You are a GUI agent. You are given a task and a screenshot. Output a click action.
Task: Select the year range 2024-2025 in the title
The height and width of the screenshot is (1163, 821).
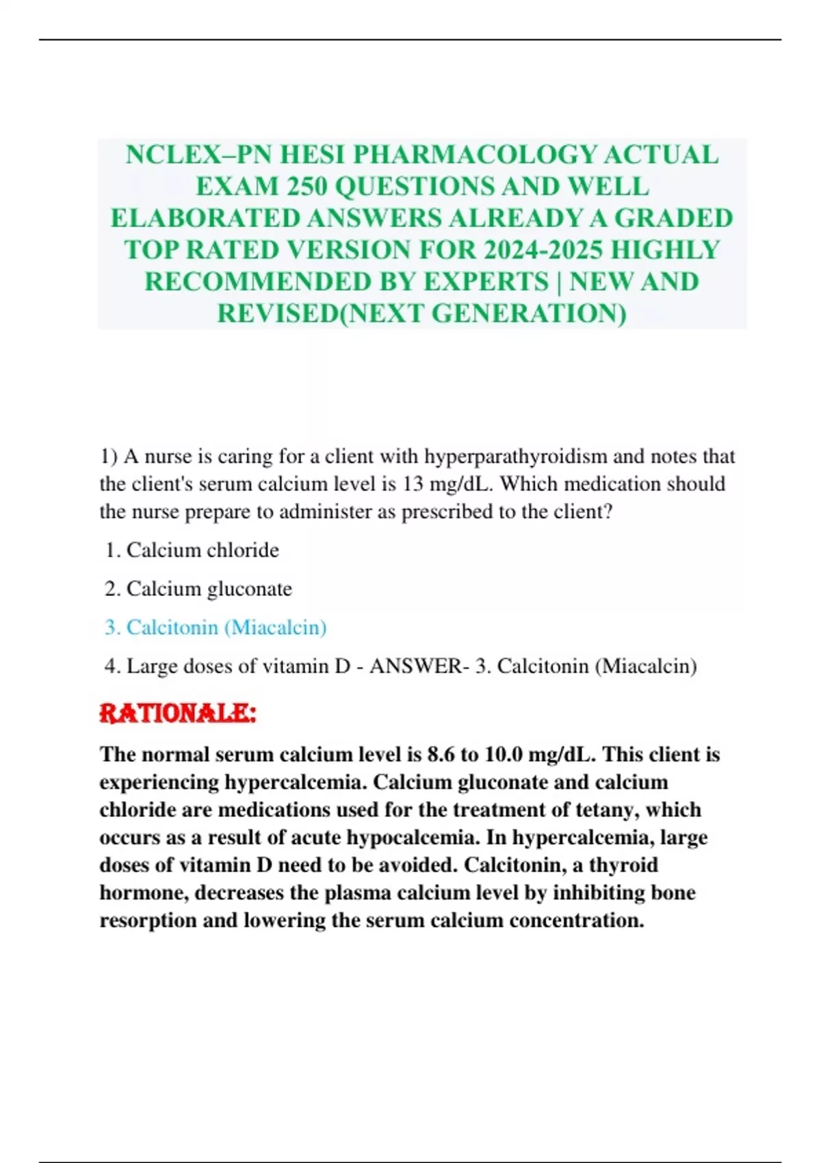[x=543, y=250]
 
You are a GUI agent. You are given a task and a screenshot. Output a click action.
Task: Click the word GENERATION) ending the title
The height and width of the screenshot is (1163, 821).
[x=529, y=313]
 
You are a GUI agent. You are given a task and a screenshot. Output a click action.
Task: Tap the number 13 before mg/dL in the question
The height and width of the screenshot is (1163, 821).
[x=413, y=484]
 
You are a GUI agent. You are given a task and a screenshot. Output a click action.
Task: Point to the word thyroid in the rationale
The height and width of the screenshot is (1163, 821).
[x=623, y=865]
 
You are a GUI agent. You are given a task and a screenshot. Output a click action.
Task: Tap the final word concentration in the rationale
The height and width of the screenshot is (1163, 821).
[x=576, y=920]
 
